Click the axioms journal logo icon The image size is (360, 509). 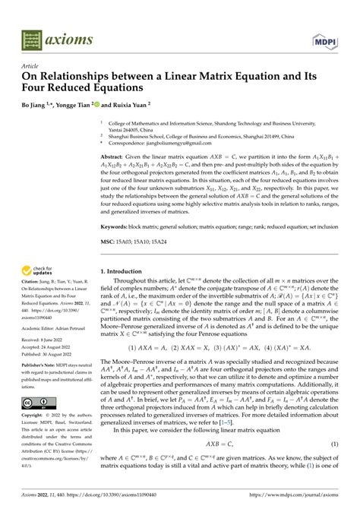point(32,36)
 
